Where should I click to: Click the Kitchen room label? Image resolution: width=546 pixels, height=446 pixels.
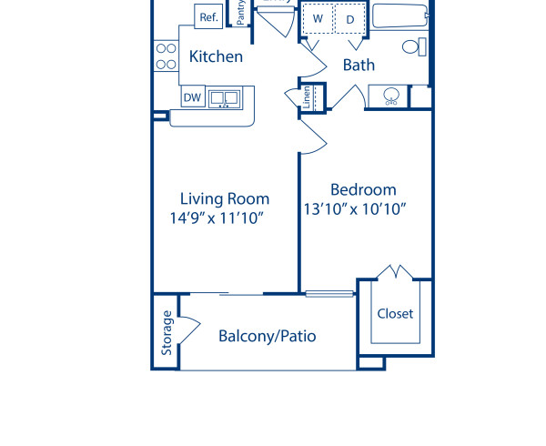point(216,56)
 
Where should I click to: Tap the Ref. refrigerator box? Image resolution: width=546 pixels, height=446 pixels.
point(208,16)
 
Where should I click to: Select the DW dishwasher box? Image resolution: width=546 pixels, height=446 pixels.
point(192,97)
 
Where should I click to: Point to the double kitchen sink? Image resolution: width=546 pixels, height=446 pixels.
point(223,97)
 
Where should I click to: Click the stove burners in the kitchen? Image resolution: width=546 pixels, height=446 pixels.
point(166,56)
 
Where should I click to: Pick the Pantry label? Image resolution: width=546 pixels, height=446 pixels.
point(240,12)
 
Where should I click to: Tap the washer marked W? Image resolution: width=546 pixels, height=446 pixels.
point(318,18)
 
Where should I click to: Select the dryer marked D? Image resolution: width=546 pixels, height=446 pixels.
point(349,18)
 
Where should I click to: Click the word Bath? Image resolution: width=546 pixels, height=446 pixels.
point(359,65)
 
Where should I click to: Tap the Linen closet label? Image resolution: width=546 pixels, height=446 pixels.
point(308,96)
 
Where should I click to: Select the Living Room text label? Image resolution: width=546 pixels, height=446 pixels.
point(224,198)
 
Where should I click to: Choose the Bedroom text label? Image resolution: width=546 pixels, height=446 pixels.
point(363,189)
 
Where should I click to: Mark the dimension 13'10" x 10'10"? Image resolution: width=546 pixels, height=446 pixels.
point(354,208)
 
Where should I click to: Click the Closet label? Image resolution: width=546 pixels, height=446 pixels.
point(395,313)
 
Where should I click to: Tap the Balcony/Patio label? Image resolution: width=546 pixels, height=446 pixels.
point(267,336)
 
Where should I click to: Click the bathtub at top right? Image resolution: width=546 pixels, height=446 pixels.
point(399,15)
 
